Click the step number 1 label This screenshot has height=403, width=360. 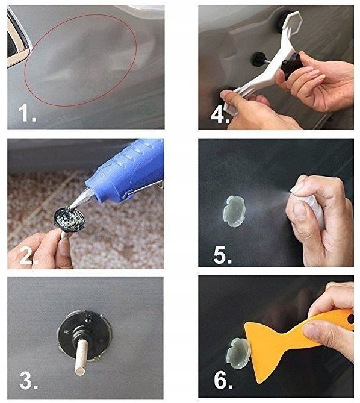point(27,113)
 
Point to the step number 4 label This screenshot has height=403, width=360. point(220,115)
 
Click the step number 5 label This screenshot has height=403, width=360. point(222,255)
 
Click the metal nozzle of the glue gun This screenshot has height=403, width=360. point(80,198)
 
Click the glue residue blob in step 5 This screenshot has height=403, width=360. point(234,211)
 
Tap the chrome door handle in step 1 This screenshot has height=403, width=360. point(17,41)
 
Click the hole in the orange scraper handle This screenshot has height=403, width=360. point(350,319)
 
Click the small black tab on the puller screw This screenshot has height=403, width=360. point(259,58)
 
